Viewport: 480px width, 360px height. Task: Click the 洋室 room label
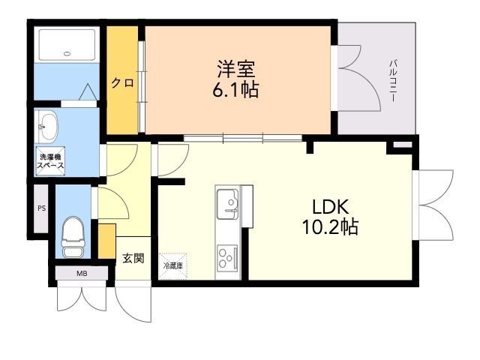tap(236, 69)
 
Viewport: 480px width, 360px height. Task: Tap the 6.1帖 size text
tap(235, 89)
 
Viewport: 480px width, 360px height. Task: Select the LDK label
tap(330, 207)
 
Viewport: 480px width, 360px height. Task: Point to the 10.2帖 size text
tap(330, 226)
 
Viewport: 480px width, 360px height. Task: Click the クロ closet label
tap(122, 83)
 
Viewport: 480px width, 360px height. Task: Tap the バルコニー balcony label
tap(393, 81)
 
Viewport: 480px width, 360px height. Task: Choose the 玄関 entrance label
tap(133, 259)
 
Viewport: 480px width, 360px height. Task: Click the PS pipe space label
tap(42, 208)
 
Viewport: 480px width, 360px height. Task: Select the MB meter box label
tap(82, 273)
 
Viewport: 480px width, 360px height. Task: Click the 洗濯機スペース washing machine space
tap(50, 161)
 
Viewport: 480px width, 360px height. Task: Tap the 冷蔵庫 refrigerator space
tap(173, 265)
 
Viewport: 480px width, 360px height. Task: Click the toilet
tap(73, 236)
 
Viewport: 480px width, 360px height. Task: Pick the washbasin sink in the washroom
tap(48, 127)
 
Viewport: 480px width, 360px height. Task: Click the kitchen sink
tap(227, 204)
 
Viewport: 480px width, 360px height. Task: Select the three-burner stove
tap(227, 258)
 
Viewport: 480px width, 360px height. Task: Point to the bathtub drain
tap(67, 54)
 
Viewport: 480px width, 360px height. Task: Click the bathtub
tap(67, 45)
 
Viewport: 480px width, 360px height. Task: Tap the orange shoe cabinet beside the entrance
tap(106, 241)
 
